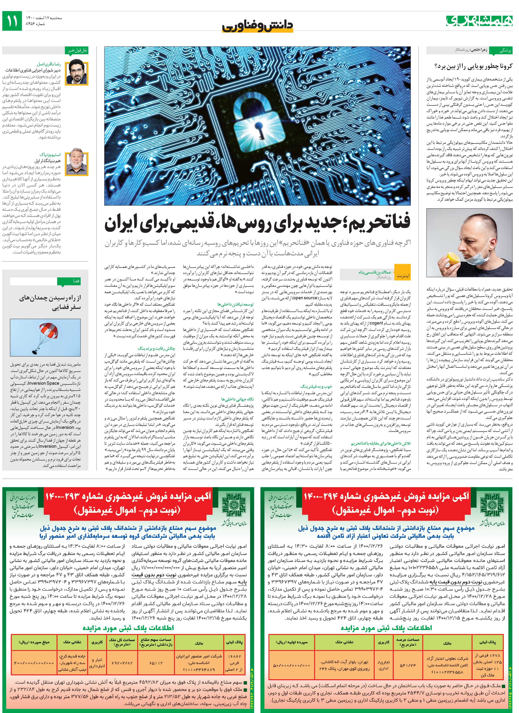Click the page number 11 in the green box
[12, 21]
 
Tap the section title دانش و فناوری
[258, 26]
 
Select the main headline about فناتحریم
[258, 224]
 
